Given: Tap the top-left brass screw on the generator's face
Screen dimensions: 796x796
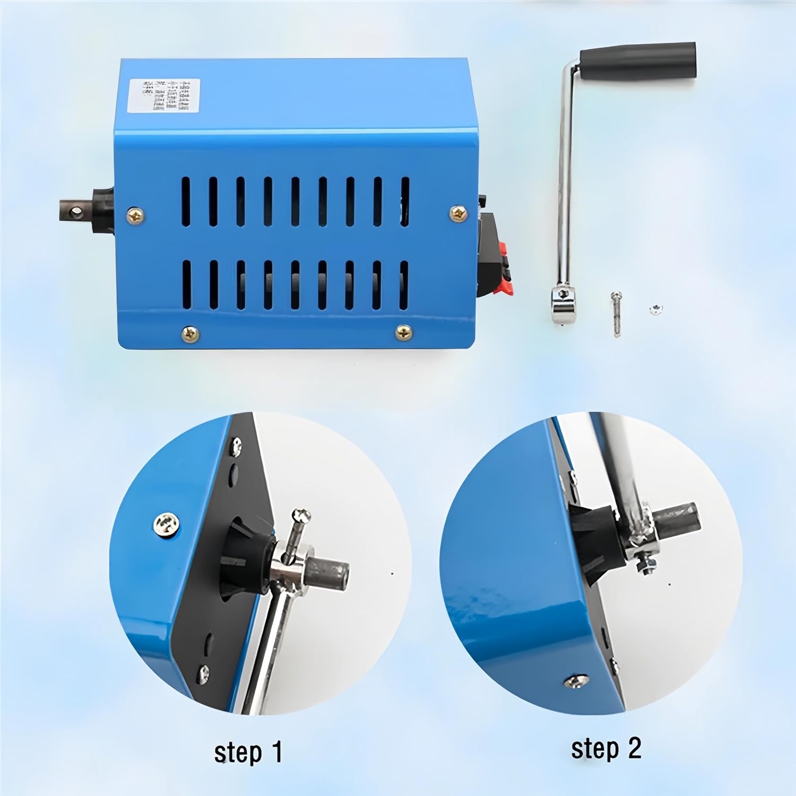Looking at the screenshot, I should (x=136, y=215).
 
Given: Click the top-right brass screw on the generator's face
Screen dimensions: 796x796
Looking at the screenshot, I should (x=458, y=214).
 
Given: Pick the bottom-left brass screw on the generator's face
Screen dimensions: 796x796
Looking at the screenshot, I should (x=190, y=334).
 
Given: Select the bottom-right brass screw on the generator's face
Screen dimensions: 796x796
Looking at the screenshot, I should (x=404, y=333).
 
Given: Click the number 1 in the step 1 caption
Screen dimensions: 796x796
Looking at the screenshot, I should (x=275, y=752).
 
